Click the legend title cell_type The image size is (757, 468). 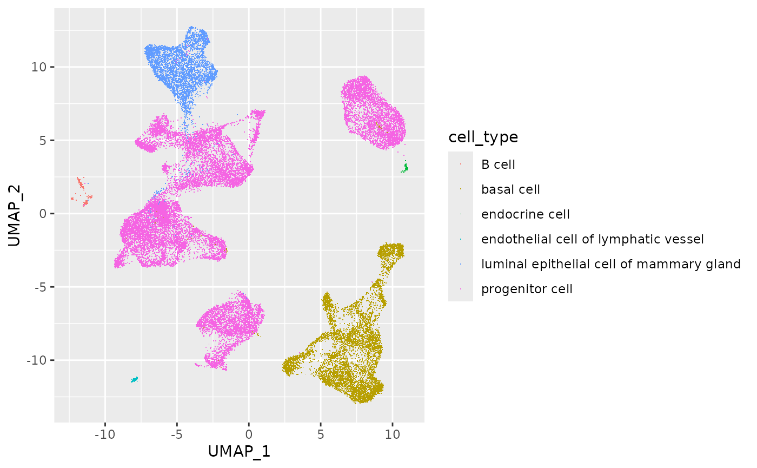coord(483,137)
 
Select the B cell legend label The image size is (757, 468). coord(499,164)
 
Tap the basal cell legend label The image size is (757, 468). coord(510,189)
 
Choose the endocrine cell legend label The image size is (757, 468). coord(526,214)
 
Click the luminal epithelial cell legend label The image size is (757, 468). coord(611,264)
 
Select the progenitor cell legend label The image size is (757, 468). coord(527,289)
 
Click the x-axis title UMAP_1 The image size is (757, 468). coord(239,451)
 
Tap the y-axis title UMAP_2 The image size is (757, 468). coord(15,214)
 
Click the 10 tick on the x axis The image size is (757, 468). coord(393,434)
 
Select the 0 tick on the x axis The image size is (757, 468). coord(249,434)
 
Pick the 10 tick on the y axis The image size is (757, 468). coord(42,67)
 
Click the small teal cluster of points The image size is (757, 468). coord(134,379)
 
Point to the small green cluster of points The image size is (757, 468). coord(404,168)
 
